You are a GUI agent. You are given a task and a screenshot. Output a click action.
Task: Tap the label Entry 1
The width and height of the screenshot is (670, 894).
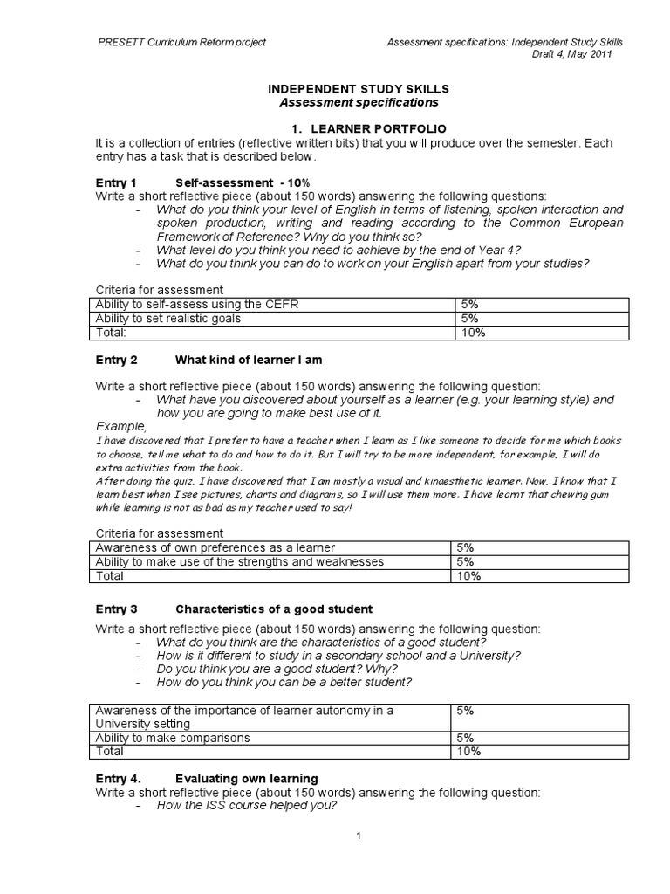point(116,183)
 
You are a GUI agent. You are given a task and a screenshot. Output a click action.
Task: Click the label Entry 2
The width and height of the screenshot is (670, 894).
point(116,359)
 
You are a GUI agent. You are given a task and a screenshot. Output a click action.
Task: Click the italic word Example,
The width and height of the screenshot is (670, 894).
point(121,426)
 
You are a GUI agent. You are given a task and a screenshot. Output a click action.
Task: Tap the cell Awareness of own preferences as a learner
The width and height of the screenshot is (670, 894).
point(215,547)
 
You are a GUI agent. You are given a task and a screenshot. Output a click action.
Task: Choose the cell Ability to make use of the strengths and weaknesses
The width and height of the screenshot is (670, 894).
point(239,561)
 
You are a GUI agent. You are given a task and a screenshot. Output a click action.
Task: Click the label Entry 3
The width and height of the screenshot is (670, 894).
point(116,609)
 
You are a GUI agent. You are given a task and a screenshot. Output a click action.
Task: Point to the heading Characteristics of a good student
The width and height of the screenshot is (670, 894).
point(274,609)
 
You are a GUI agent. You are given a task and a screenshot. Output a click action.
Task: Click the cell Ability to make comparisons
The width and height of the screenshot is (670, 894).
point(172,738)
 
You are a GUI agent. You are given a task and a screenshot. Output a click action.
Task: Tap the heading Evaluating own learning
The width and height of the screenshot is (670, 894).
point(247,778)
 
